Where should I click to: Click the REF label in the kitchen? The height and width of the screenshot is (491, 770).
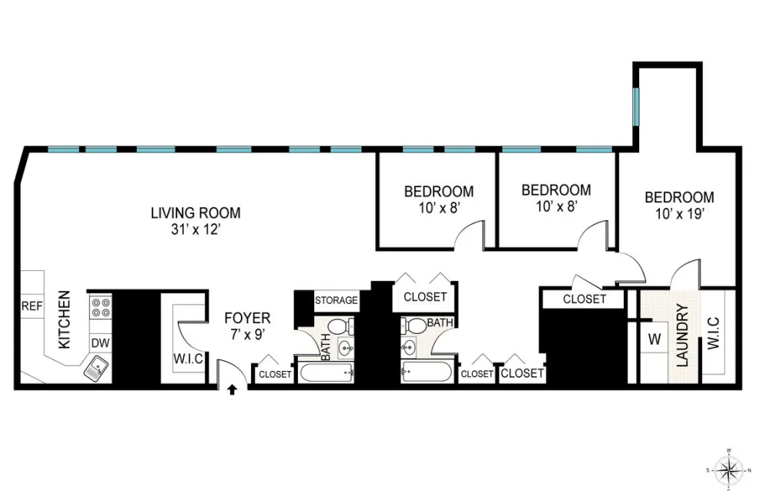pos(32,306)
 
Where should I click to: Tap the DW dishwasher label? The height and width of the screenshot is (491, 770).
pos(100,342)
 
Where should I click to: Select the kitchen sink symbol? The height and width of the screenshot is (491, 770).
pos(97,368)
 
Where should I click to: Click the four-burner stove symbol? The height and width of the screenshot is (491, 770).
pos(101,307)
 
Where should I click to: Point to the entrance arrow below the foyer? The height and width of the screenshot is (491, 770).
pos(233,390)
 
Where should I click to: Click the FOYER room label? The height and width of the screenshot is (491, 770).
pos(247,318)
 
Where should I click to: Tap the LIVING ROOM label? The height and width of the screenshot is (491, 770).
pos(196,213)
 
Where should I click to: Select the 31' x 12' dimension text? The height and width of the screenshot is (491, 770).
pos(196,229)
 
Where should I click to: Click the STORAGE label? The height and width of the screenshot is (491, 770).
pos(336,300)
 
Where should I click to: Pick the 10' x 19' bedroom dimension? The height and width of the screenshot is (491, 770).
pos(680,214)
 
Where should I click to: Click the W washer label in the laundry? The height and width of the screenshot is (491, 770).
pos(654,339)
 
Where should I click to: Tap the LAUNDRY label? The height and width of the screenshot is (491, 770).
pos(682,336)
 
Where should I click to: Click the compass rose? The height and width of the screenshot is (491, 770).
pos(729,469)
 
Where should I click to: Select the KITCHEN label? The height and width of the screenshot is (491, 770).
pos(65,319)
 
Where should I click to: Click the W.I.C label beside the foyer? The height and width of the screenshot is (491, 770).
pos(188,359)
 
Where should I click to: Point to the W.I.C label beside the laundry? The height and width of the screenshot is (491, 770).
pos(713,333)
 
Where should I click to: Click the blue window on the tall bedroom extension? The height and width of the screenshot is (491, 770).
pos(636,106)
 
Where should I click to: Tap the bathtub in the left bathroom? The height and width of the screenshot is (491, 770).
pos(326,372)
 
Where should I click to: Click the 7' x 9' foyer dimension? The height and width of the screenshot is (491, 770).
pos(247,335)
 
